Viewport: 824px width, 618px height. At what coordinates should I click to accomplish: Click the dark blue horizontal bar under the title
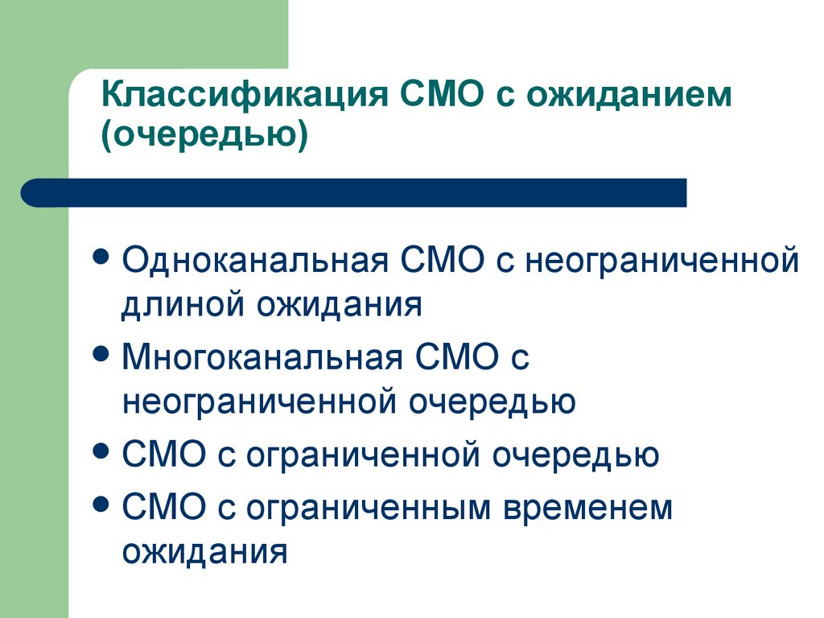point(354,192)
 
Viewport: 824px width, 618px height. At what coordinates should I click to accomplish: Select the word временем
point(588,508)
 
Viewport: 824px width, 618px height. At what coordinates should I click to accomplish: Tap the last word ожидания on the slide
point(204,552)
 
